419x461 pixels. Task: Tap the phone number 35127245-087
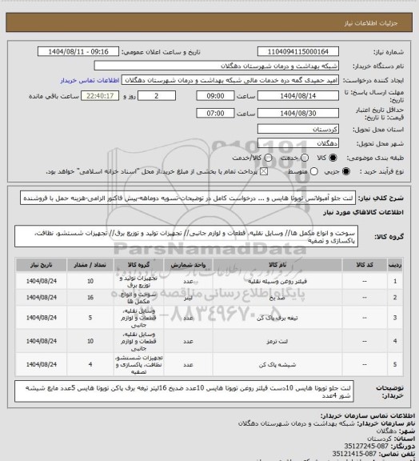click(x=369, y=433)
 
